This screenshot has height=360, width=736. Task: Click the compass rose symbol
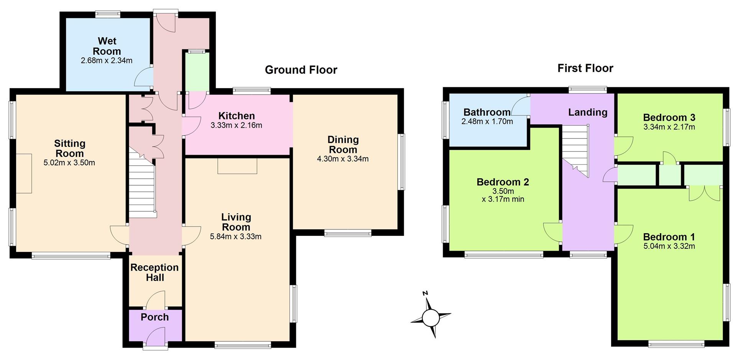[430, 317]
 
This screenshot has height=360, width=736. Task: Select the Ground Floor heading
[301, 70]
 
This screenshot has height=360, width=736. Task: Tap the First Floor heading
[585, 68]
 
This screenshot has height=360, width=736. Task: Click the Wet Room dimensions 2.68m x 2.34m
[107, 61]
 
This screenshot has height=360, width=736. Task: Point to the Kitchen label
[237, 116]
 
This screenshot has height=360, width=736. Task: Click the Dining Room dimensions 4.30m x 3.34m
[343, 159]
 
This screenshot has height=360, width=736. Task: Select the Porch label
[154, 317]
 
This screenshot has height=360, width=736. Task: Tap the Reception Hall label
[154, 272]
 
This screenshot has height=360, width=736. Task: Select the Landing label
[588, 112]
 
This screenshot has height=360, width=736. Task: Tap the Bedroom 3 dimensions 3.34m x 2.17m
[669, 127]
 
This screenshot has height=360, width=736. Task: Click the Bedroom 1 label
[669, 237]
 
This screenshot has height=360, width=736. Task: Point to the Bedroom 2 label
[503, 182]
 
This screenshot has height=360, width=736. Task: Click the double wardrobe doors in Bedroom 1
[705, 194]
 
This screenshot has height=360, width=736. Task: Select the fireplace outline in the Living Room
[237, 166]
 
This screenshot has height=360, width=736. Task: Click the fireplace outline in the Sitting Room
[24, 173]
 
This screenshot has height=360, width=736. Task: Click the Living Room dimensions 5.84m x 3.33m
[236, 237]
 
